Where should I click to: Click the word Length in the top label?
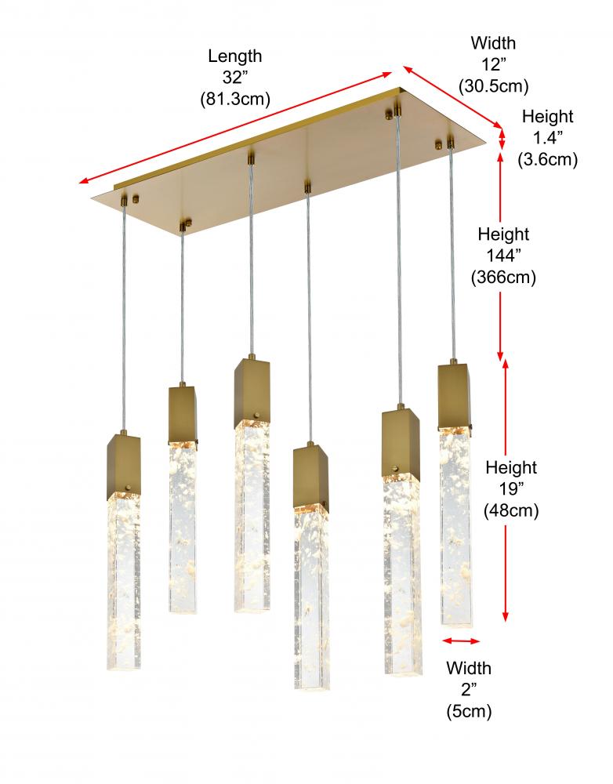235,56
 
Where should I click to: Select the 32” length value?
235,78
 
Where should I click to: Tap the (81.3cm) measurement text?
235,99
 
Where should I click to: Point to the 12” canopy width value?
494,64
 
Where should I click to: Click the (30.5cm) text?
494,86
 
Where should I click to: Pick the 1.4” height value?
547,137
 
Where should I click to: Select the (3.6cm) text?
547,159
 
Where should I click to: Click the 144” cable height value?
503,256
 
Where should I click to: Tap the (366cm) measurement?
503,277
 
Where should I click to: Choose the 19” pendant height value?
511,489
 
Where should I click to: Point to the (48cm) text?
511,510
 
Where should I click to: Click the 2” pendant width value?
469,690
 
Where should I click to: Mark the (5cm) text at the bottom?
469,711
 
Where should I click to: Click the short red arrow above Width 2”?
461,641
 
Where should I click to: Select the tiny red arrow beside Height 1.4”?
502,140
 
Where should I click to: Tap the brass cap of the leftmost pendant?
123,463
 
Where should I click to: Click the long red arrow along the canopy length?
235,128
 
